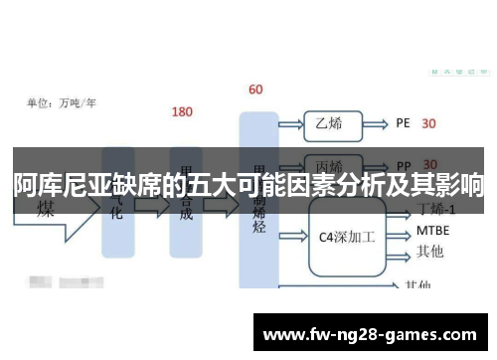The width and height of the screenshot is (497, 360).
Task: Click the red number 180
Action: (x=183, y=112)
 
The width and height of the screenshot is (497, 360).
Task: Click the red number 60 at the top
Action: (x=255, y=90)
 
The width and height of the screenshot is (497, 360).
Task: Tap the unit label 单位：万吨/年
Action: (x=61, y=101)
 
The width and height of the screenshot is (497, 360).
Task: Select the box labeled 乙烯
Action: (x=329, y=124)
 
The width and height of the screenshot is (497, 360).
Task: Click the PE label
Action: (x=403, y=124)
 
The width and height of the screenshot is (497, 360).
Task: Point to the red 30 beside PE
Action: (x=429, y=124)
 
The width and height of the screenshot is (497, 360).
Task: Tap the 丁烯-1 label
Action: (x=437, y=210)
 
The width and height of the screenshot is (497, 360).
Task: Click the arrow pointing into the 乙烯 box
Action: (x=292, y=124)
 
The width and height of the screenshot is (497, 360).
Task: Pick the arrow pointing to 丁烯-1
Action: (x=397, y=212)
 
